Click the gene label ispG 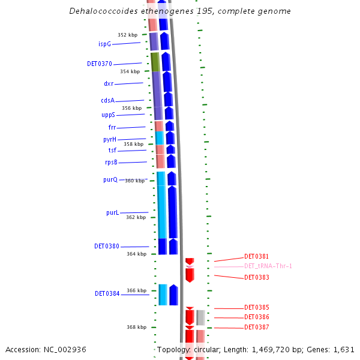point(104,44)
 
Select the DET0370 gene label point(99,64)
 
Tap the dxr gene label point(109,84)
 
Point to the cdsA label point(107,101)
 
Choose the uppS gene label point(108,115)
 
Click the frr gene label point(112,127)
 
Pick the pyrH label point(110,139)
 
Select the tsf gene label point(112,150)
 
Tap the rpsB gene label point(111,163)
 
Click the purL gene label point(112,212)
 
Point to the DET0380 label point(107,246)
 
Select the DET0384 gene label point(107,294)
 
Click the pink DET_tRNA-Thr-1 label point(268,266)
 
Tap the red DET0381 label point(256,256)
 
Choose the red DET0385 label point(256,307)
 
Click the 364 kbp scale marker point(136,254)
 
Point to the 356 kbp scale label point(131,108)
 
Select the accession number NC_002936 point(65,349)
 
